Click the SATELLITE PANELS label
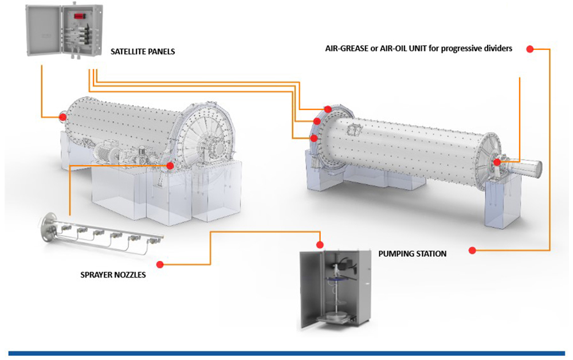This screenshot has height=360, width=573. [143, 52]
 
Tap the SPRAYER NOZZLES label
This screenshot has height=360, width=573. [113, 275]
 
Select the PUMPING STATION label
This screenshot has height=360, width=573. [412, 253]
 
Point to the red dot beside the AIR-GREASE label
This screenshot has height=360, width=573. [530, 49]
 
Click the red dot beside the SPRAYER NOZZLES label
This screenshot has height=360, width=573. [160, 264]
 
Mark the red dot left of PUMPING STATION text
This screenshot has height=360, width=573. [472, 251]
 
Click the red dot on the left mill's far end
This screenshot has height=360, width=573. [62, 118]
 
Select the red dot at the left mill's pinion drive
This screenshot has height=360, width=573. [170, 165]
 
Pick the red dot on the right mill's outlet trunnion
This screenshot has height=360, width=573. [497, 162]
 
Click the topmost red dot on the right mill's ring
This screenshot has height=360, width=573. [328, 109]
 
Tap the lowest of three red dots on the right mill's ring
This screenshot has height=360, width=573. [313, 138]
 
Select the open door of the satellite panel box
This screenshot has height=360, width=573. [41, 32]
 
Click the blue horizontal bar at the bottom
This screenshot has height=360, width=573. [286, 353]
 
